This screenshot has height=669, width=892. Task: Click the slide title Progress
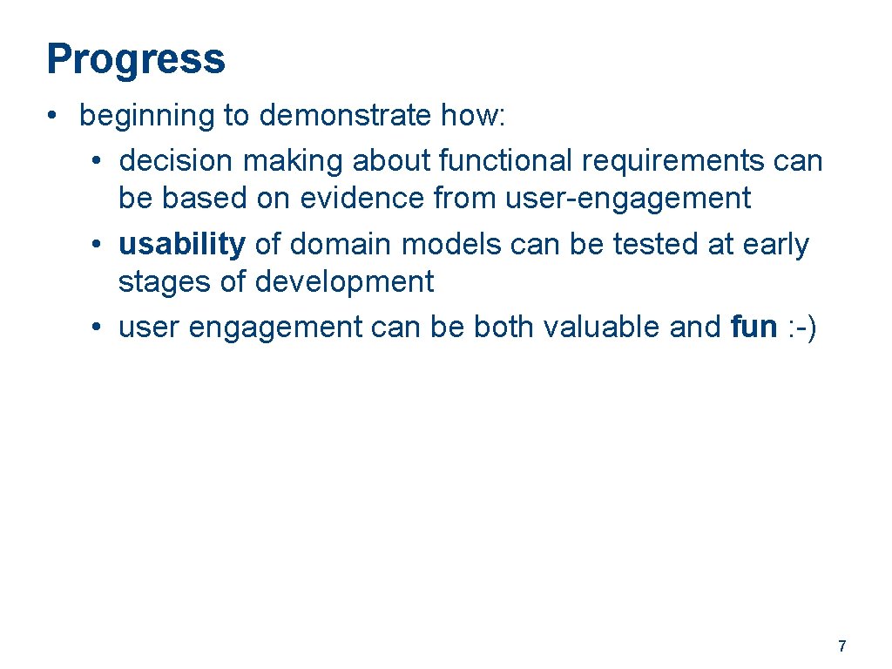[x=136, y=60]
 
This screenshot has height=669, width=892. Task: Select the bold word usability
[x=182, y=245]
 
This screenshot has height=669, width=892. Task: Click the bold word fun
[x=753, y=328]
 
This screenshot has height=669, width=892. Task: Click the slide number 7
[x=841, y=646]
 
